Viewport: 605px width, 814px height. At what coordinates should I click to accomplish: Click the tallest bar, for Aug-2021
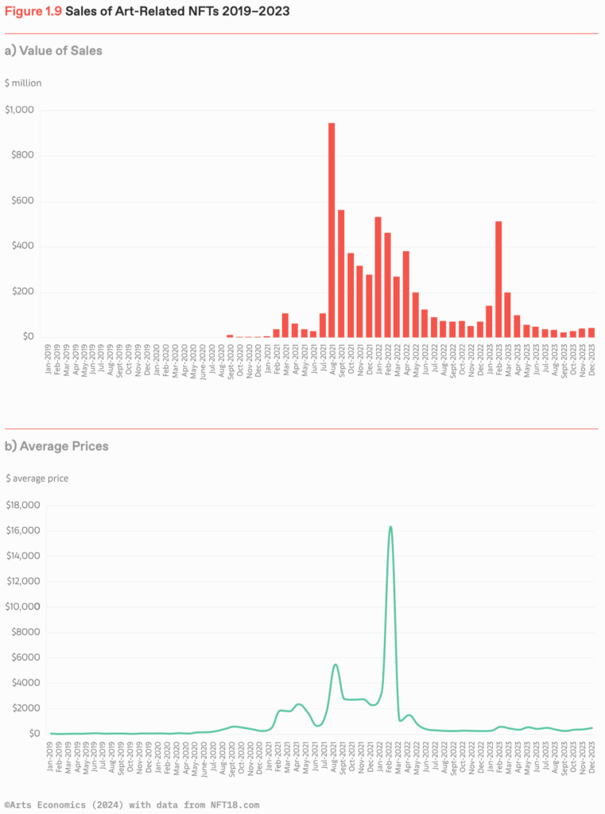pos(332,230)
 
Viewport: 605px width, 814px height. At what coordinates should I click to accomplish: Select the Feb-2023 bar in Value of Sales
pos(498,279)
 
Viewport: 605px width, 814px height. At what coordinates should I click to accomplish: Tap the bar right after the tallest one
pos(341,273)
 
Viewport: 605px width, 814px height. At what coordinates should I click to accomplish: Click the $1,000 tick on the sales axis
pos(20,110)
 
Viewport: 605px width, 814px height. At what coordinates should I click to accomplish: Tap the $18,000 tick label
pos(22,505)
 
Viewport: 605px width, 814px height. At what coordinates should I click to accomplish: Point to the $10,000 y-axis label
pos(22,607)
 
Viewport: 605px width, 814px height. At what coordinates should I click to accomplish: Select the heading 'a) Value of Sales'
pos(53,51)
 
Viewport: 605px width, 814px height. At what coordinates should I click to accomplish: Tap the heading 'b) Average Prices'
pos(56,446)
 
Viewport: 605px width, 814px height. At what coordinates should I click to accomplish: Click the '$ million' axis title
pos(23,83)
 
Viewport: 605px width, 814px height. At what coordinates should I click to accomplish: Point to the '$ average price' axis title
pos(37,478)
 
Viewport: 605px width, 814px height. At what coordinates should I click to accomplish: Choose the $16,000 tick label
pos(22,530)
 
